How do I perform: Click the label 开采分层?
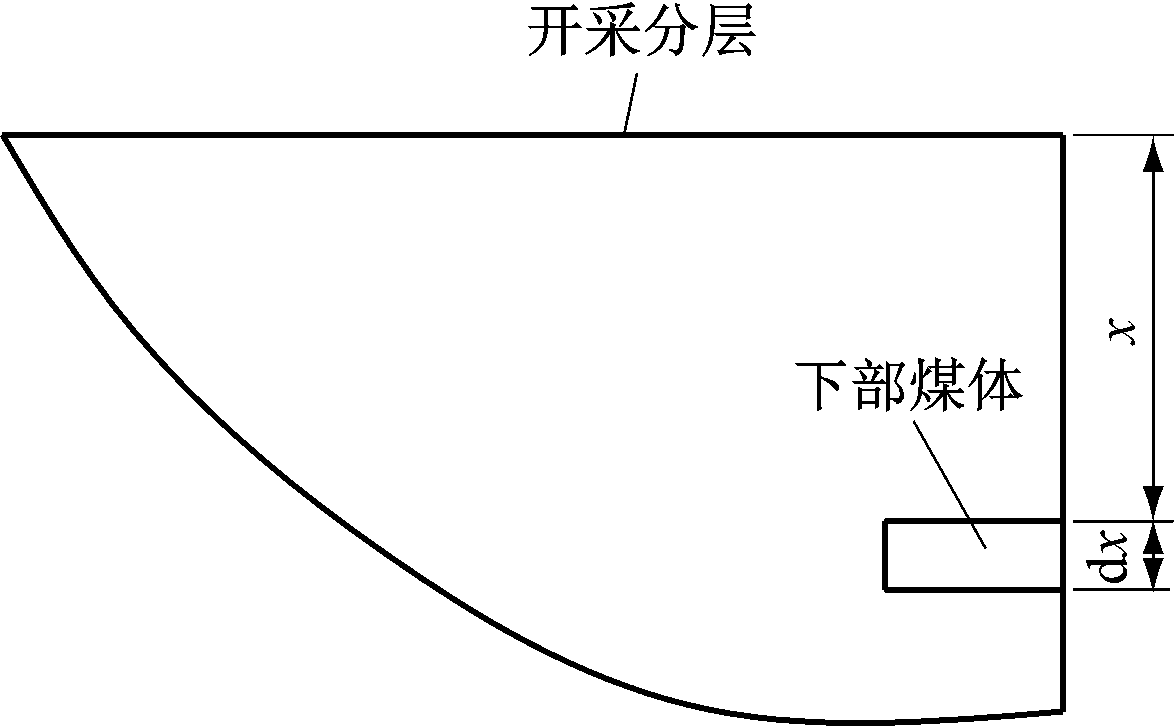tap(641, 32)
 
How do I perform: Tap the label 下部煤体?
tap(908, 386)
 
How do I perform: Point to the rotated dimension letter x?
tap(1122, 331)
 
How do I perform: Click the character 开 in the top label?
tap(555, 32)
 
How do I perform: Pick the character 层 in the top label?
tap(727, 32)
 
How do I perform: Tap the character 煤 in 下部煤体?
tap(937, 386)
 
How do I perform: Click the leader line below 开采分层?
tap(630, 103)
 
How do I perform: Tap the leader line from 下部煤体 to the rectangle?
tap(949, 484)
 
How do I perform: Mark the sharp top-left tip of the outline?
tap(4, 135)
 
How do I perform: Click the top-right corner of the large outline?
tap(1062, 135)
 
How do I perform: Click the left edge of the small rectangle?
tap(886, 555)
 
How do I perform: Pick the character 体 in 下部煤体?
tap(995, 386)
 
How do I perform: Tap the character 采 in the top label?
tap(612, 32)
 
